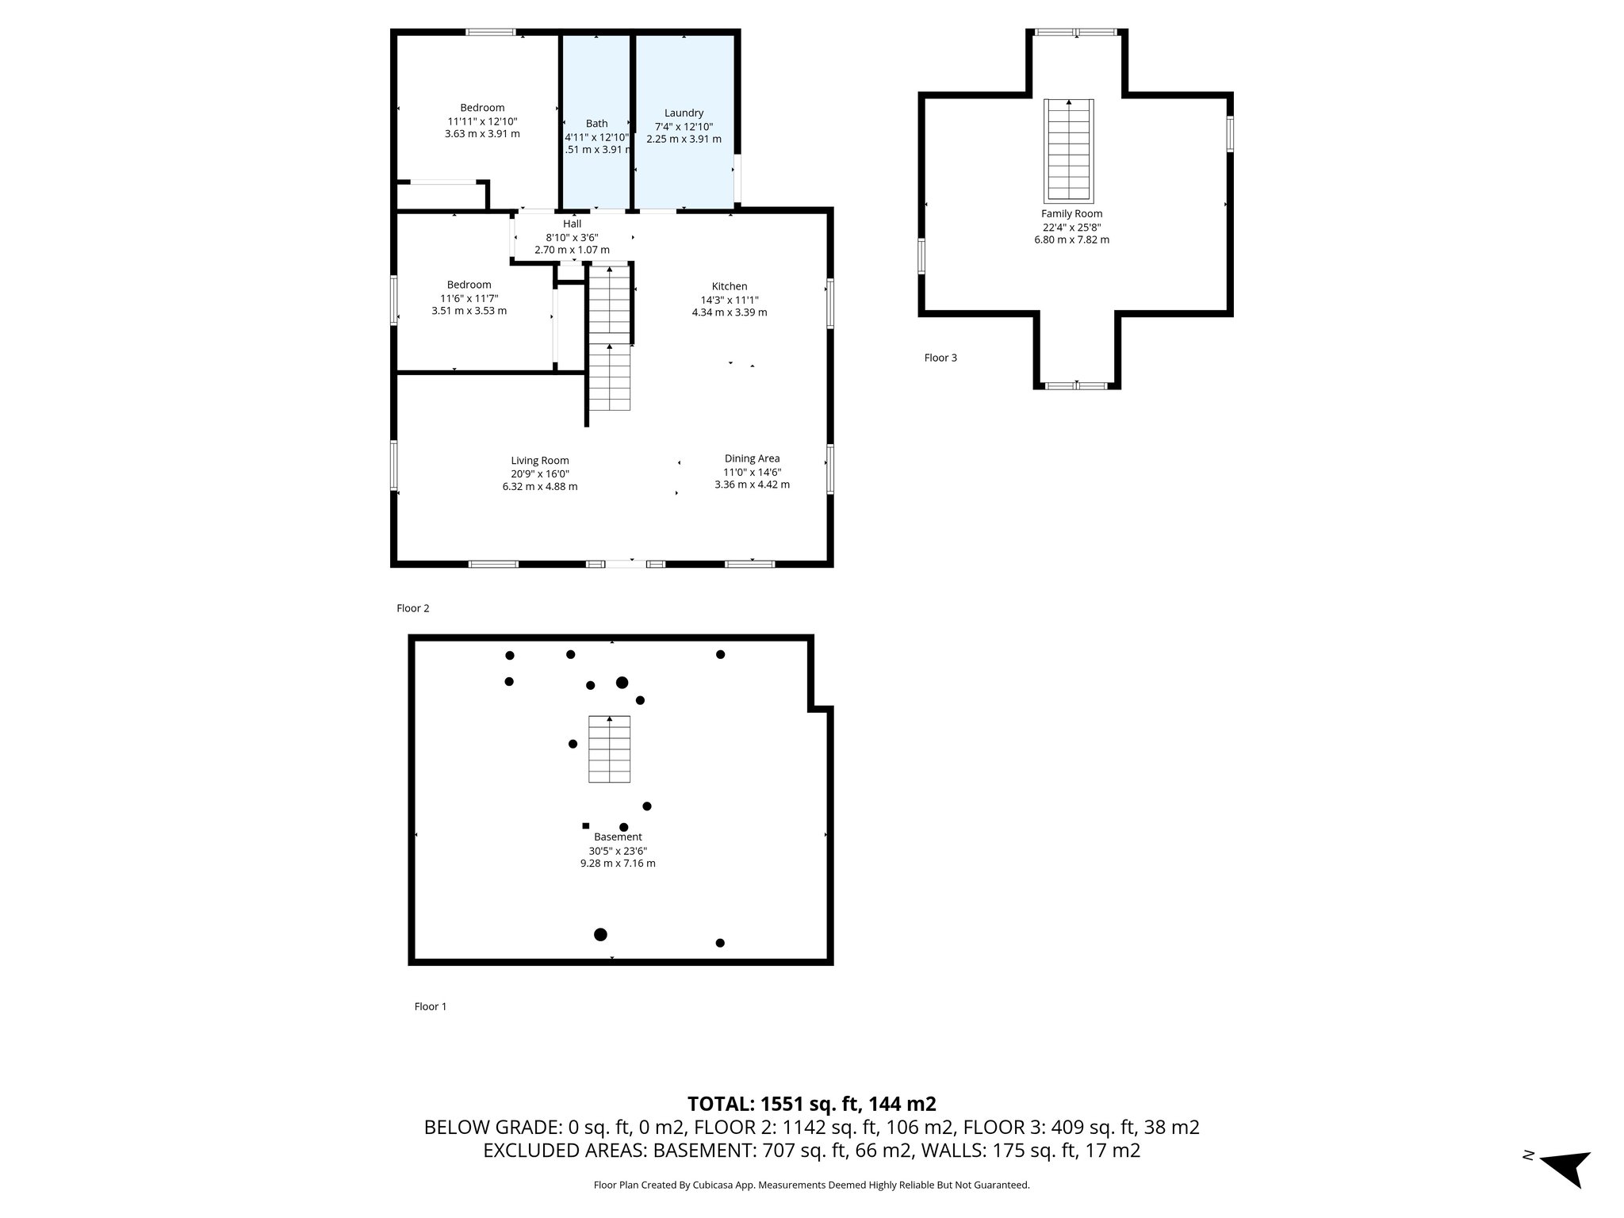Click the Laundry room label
click(684, 113)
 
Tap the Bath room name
click(596, 124)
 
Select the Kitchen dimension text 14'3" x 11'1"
click(729, 300)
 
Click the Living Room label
click(539, 461)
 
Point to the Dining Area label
click(752, 458)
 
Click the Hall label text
click(572, 224)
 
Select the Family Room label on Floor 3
click(1071, 214)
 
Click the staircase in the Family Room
click(1068, 151)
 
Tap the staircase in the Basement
click(609, 749)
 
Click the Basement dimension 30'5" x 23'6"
click(617, 850)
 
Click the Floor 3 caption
click(940, 358)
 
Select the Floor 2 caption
click(412, 608)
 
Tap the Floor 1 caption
click(431, 1006)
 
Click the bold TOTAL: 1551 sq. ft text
click(811, 1104)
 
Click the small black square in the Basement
click(586, 825)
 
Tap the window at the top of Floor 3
click(1076, 33)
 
